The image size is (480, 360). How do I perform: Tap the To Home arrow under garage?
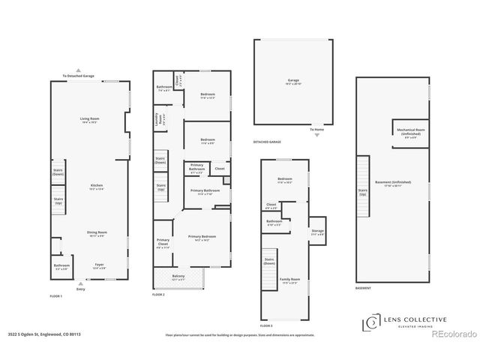click(318, 131)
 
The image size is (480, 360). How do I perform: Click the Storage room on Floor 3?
click(318, 232)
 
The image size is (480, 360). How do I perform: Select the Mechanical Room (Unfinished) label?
click(410, 131)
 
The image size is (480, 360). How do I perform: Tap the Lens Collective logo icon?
click(370, 322)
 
